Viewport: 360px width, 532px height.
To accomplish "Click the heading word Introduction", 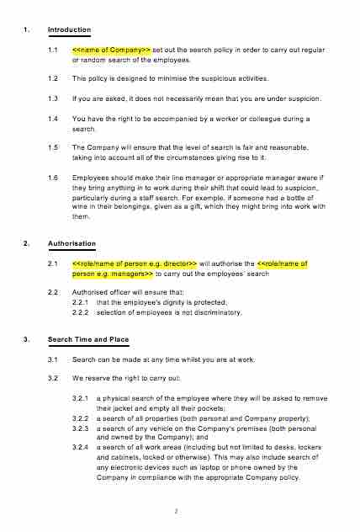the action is pos(69,30).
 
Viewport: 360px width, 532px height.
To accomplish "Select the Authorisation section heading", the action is pos(72,243).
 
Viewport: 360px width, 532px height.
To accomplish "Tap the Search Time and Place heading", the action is pos(88,339).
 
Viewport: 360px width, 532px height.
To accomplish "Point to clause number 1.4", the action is pos(53,119).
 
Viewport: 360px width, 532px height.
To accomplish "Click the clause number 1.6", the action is pos(53,178).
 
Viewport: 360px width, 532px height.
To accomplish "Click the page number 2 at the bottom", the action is pos(177,510).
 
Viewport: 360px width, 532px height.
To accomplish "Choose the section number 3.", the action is pos(27,339).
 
